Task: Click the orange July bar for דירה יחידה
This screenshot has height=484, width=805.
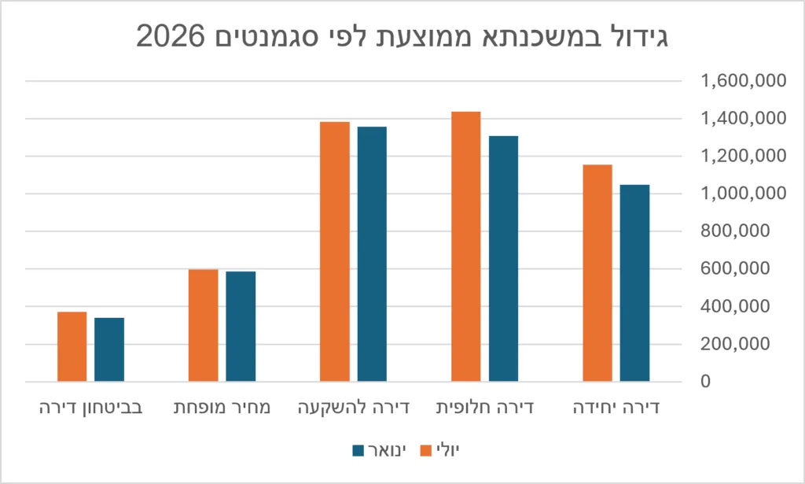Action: [x=597, y=273]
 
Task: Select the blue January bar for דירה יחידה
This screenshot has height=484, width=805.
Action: [x=634, y=283]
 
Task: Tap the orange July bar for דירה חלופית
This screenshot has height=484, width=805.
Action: [x=466, y=246]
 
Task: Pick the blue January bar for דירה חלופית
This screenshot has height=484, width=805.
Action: [x=503, y=259]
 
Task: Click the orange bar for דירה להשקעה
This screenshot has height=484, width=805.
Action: [x=335, y=252]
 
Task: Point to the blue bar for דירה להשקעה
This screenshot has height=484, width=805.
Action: [x=372, y=254]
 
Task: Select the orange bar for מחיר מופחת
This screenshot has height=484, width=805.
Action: [x=204, y=325]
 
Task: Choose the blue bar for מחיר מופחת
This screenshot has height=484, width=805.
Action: [x=241, y=327]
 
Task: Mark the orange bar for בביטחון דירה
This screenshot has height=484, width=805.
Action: [x=72, y=347]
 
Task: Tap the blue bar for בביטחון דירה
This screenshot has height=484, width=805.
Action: [x=109, y=350]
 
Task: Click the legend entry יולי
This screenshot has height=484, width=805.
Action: [x=440, y=451]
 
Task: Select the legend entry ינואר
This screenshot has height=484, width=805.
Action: [x=380, y=451]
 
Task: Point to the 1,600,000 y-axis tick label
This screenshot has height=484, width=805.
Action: [x=744, y=80]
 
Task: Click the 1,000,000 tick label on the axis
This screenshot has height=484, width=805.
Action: [x=744, y=193]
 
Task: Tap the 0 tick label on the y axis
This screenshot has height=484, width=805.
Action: [x=706, y=381]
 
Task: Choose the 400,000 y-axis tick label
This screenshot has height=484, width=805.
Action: [x=735, y=306]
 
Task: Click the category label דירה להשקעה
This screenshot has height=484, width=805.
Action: [x=354, y=408]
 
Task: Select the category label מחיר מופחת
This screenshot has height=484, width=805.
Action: [x=222, y=408]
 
